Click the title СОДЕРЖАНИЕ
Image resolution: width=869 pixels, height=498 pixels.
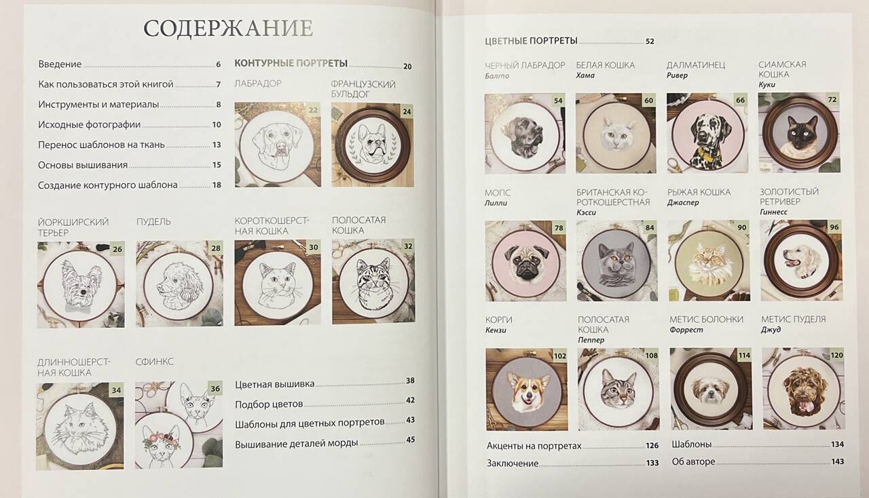[x=228, y=28]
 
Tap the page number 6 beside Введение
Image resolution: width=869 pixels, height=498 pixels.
[x=219, y=64]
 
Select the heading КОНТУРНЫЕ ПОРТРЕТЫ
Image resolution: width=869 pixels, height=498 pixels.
[x=291, y=63]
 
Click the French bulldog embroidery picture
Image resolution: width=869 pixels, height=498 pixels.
[x=373, y=145]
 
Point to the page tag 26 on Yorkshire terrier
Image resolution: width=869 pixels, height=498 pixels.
[x=117, y=250]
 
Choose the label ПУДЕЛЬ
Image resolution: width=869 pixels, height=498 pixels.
[x=153, y=222]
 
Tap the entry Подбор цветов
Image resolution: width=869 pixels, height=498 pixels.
[x=269, y=404]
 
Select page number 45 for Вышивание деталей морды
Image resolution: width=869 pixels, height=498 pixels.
[x=411, y=440]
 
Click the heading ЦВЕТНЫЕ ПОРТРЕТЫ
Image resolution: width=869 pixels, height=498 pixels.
[x=531, y=41]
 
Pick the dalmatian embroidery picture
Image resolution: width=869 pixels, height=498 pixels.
[x=707, y=133]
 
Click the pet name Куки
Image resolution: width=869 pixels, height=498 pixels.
[x=766, y=85]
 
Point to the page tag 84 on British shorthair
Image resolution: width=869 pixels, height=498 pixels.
[x=650, y=228]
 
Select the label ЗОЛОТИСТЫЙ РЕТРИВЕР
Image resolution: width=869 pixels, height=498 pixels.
[x=789, y=196]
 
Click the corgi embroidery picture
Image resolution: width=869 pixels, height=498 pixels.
[x=526, y=389]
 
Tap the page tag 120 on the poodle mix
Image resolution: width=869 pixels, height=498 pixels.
[x=837, y=355]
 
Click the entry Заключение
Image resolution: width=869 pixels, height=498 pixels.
[x=513, y=463]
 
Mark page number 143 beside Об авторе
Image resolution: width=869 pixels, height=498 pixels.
[x=838, y=461]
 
